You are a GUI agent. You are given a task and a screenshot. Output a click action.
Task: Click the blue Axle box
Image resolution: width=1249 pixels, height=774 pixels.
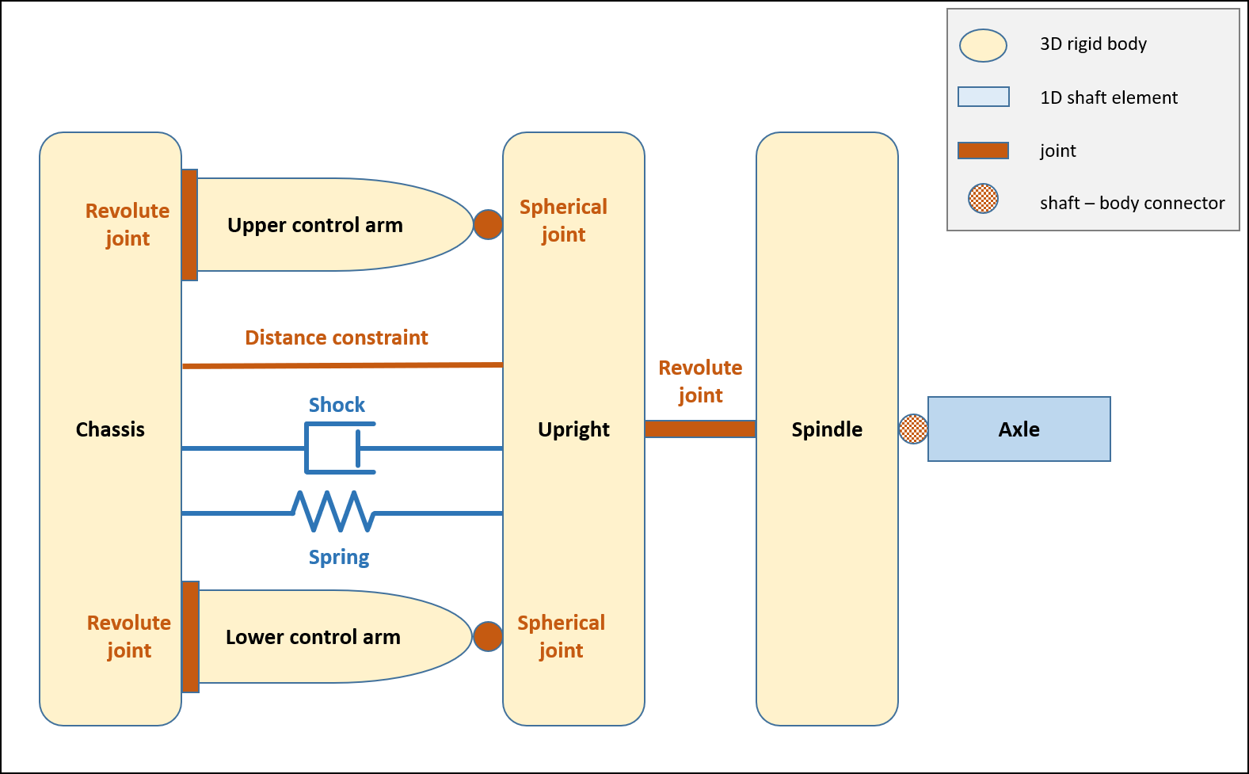click(x=1019, y=429)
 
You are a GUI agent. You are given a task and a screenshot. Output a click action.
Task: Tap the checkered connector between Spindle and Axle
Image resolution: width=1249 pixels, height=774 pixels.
click(x=913, y=429)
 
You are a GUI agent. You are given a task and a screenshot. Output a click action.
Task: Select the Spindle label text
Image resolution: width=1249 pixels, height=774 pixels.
click(x=827, y=429)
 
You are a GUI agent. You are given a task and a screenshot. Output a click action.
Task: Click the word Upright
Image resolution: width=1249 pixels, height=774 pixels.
click(x=573, y=429)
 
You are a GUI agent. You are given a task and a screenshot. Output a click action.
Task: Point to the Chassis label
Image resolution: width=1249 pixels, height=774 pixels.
click(x=110, y=429)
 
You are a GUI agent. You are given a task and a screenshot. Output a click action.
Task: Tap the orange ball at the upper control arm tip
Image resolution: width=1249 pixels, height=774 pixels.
click(x=488, y=225)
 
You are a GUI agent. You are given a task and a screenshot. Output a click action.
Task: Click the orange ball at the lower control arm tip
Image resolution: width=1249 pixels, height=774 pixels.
click(x=488, y=636)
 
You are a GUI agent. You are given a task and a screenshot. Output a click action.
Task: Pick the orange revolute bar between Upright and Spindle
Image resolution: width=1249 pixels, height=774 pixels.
click(x=700, y=429)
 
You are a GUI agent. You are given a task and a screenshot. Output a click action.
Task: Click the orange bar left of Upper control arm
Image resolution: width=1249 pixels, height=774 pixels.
click(x=189, y=225)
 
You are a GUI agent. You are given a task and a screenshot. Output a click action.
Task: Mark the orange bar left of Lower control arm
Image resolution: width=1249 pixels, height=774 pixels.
click(x=191, y=637)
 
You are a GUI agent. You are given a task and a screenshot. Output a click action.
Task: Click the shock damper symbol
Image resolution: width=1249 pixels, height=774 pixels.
click(x=340, y=448)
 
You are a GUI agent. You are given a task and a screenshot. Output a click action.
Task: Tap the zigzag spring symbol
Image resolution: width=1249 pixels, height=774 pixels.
click(x=334, y=512)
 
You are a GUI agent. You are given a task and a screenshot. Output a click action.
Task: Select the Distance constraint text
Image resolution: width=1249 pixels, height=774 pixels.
click(x=337, y=337)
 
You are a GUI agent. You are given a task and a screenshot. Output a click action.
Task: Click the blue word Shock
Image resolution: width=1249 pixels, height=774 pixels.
click(x=337, y=405)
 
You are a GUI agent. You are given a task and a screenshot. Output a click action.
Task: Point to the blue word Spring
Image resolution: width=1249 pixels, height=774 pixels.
click(x=339, y=557)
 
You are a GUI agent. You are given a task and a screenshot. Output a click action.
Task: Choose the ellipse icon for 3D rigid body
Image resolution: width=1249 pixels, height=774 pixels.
click(x=983, y=45)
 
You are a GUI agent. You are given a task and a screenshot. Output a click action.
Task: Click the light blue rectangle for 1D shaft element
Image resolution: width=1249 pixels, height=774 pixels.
click(x=984, y=97)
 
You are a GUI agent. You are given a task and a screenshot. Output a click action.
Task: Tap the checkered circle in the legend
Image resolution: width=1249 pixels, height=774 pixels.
click(x=983, y=198)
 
